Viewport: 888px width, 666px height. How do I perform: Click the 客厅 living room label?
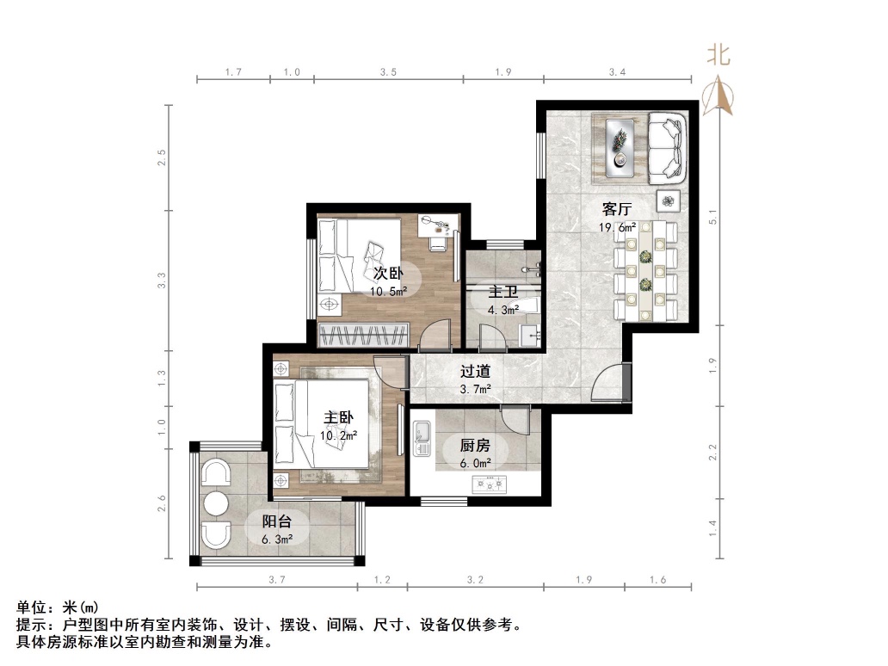coord(617,209)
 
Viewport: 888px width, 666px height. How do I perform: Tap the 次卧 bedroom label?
coord(387,274)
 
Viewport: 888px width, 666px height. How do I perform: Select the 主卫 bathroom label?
coord(503,291)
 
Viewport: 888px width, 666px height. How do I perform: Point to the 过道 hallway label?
coord(475,372)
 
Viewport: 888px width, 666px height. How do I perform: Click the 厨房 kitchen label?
coord(474,445)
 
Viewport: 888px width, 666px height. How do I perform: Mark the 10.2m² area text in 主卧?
coord(339,435)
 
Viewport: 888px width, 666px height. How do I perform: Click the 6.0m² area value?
coord(474,462)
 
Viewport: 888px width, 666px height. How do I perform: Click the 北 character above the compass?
coord(718,56)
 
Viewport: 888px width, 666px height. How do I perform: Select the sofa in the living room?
coord(667,147)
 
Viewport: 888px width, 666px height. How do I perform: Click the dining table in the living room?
coord(645,270)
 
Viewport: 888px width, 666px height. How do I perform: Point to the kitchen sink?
coord(422,438)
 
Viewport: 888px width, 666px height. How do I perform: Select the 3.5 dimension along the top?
coord(388,73)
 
